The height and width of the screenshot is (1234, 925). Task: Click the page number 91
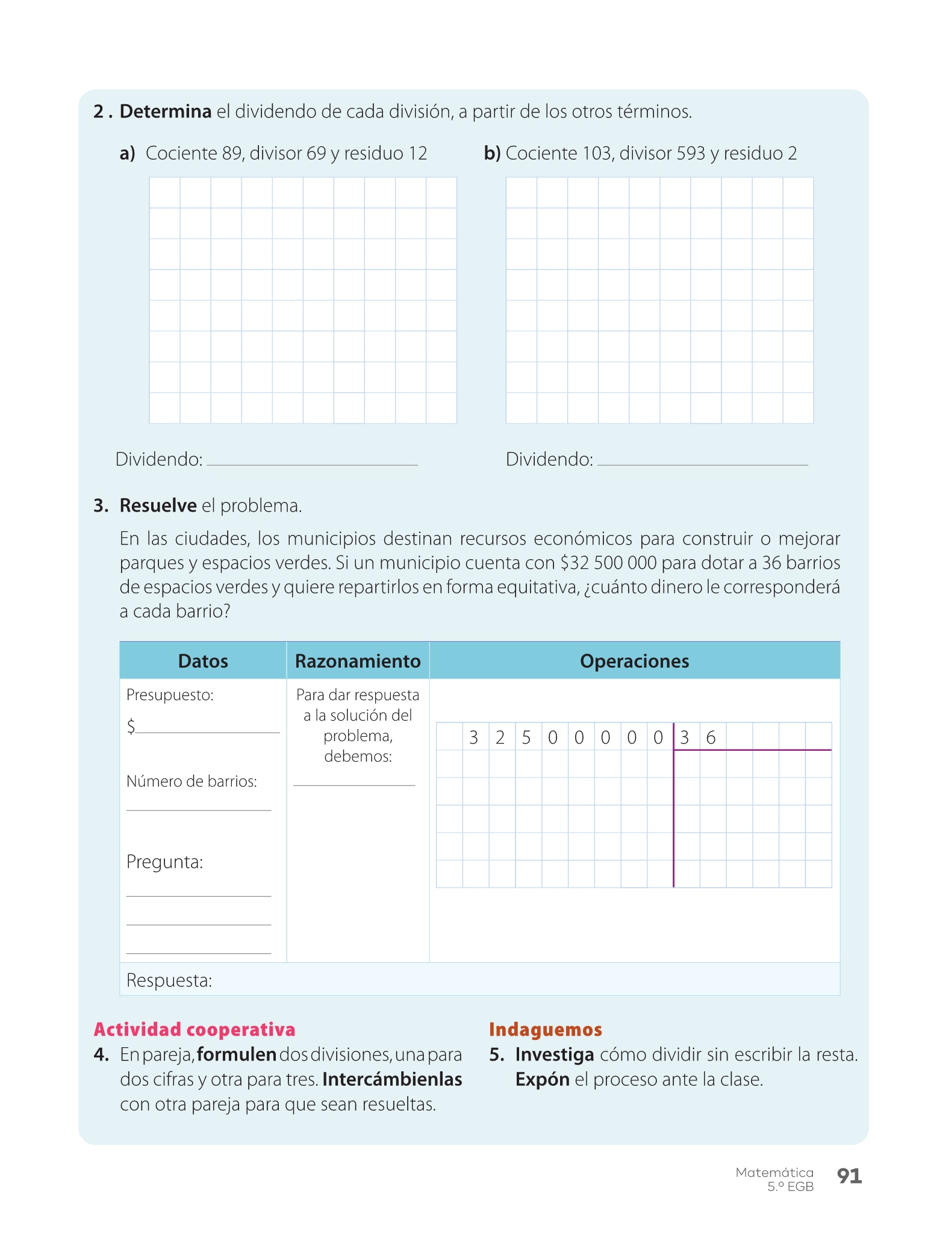click(849, 1176)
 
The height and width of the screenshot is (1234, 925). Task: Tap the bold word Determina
click(166, 111)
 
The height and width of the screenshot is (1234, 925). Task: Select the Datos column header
click(203, 661)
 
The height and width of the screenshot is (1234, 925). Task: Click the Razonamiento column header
click(358, 661)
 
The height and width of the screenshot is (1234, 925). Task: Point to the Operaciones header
click(634, 661)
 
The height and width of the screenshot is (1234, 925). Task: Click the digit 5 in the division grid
click(526, 738)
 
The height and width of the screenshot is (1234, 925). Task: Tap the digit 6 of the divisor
click(711, 738)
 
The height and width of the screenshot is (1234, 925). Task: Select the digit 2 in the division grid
click(500, 738)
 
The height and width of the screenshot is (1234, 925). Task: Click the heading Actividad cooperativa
click(195, 1029)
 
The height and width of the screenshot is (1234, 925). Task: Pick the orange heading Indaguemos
click(545, 1029)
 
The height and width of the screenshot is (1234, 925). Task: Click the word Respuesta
click(169, 980)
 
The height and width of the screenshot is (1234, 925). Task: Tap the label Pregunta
click(164, 862)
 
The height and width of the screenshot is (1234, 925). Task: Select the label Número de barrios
click(192, 781)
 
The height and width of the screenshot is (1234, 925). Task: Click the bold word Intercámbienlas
click(392, 1079)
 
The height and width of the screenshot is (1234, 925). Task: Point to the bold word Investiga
click(555, 1054)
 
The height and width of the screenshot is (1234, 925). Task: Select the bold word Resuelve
click(158, 506)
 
